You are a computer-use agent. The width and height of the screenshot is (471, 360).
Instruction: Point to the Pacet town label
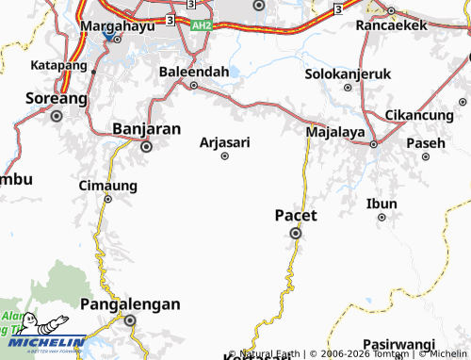click(x=296, y=215)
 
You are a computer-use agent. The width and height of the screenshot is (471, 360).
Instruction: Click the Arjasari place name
click(x=225, y=141)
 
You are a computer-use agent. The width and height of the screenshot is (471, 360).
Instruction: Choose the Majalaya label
click(x=335, y=133)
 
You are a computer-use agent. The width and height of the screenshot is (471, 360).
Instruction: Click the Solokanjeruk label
click(x=349, y=73)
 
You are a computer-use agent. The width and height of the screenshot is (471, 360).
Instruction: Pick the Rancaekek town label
click(x=391, y=25)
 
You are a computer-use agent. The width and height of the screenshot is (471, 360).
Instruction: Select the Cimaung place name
click(x=107, y=185)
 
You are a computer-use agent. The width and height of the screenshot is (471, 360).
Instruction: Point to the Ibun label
click(x=382, y=203)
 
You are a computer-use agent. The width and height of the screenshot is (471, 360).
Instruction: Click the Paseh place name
click(x=425, y=143)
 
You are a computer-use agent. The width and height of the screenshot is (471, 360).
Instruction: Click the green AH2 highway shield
click(x=201, y=25)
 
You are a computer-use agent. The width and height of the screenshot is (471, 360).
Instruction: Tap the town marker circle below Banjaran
click(x=146, y=147)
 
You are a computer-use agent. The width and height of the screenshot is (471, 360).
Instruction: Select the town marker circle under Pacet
click(x=296, y=234)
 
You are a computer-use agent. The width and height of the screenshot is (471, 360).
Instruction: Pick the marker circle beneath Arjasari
click(x=224, y=156)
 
